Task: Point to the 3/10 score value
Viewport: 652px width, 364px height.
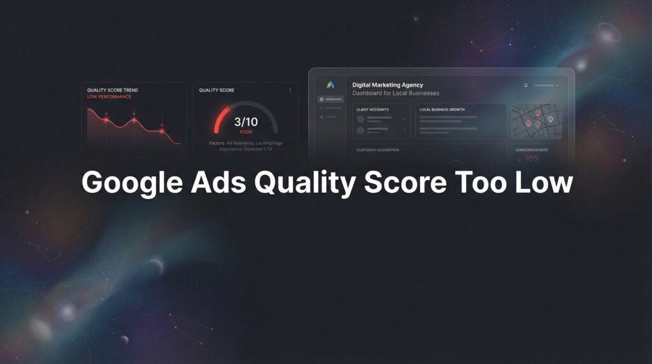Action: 246,121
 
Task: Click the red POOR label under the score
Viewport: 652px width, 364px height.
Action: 246,132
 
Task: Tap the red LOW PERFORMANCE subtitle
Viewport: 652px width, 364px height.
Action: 109,97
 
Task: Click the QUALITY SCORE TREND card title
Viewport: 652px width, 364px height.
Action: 113,90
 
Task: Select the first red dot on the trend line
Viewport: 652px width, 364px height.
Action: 106,118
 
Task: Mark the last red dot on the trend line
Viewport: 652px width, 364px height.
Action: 162,131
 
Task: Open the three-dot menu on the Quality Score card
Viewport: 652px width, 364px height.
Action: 290,90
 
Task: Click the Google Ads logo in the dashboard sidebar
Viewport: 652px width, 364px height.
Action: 330,85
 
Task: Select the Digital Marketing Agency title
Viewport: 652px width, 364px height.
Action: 387,85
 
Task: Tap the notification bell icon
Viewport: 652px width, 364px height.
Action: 526,85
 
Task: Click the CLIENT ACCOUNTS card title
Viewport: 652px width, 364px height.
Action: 372,109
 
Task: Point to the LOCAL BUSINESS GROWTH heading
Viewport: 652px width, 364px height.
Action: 442,109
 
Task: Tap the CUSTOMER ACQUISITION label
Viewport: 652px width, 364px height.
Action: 378,150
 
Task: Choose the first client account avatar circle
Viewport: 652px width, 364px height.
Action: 360,119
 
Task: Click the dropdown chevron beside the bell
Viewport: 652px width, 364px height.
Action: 558,85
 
